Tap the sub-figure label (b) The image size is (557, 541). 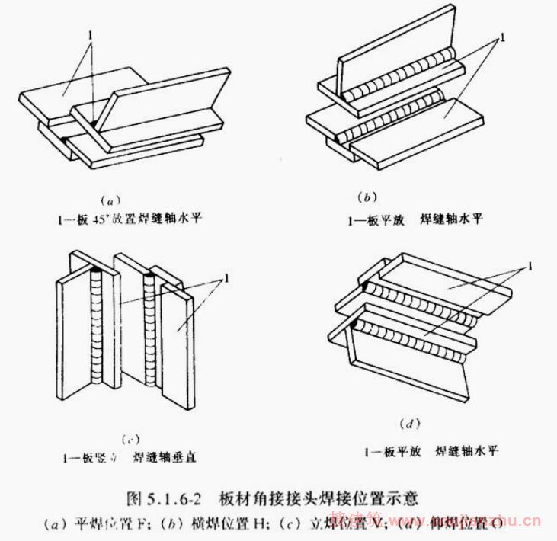pos(367,197)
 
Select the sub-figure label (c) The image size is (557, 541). pos(129,438)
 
